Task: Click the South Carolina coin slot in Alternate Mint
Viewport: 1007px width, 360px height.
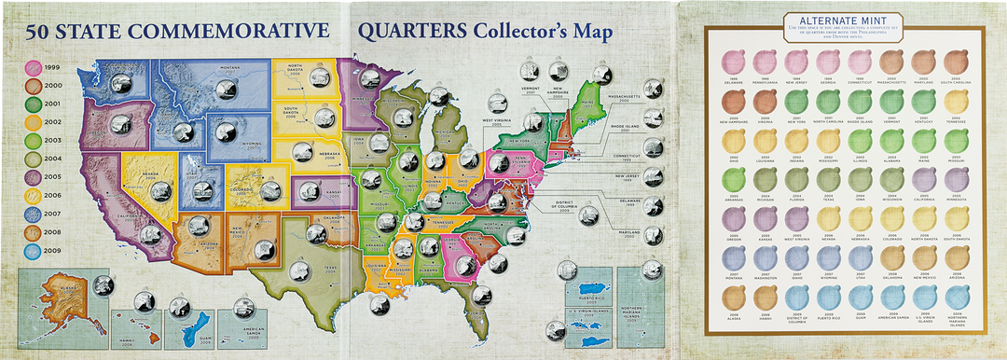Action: pos(954,63)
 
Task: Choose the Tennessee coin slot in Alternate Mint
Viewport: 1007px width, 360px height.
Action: pos(954,103)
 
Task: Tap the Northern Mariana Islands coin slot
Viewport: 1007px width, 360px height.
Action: pos(954,299)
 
